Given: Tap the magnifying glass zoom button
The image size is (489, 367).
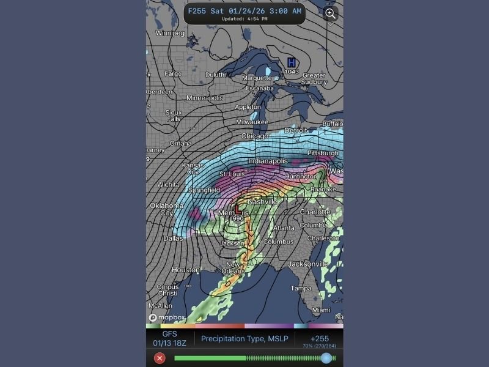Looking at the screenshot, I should point(331,13).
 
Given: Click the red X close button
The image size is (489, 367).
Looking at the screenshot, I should point(160,358).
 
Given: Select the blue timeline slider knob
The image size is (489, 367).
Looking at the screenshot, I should point(326,358).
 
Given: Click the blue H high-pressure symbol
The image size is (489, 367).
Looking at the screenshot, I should point(292,62).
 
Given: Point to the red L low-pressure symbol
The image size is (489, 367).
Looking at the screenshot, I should point(237,209).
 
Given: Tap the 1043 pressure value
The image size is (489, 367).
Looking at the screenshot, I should point(292,72).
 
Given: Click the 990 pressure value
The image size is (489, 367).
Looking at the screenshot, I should point(238,218).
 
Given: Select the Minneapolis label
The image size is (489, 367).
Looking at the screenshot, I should point(205,98).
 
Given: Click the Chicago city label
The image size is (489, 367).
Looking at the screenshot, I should point(254,136).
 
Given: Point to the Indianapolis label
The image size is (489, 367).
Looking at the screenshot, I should point(269,161).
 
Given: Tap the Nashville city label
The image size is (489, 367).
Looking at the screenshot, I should point(262,201).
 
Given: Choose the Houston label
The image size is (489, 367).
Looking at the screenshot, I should point(186,270).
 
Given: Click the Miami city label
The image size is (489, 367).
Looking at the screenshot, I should point(321,310).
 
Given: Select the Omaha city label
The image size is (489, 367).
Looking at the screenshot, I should point(180,144).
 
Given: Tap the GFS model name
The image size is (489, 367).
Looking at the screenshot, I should point(169,335).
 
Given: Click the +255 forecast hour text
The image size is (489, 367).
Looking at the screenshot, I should point(318,338).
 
